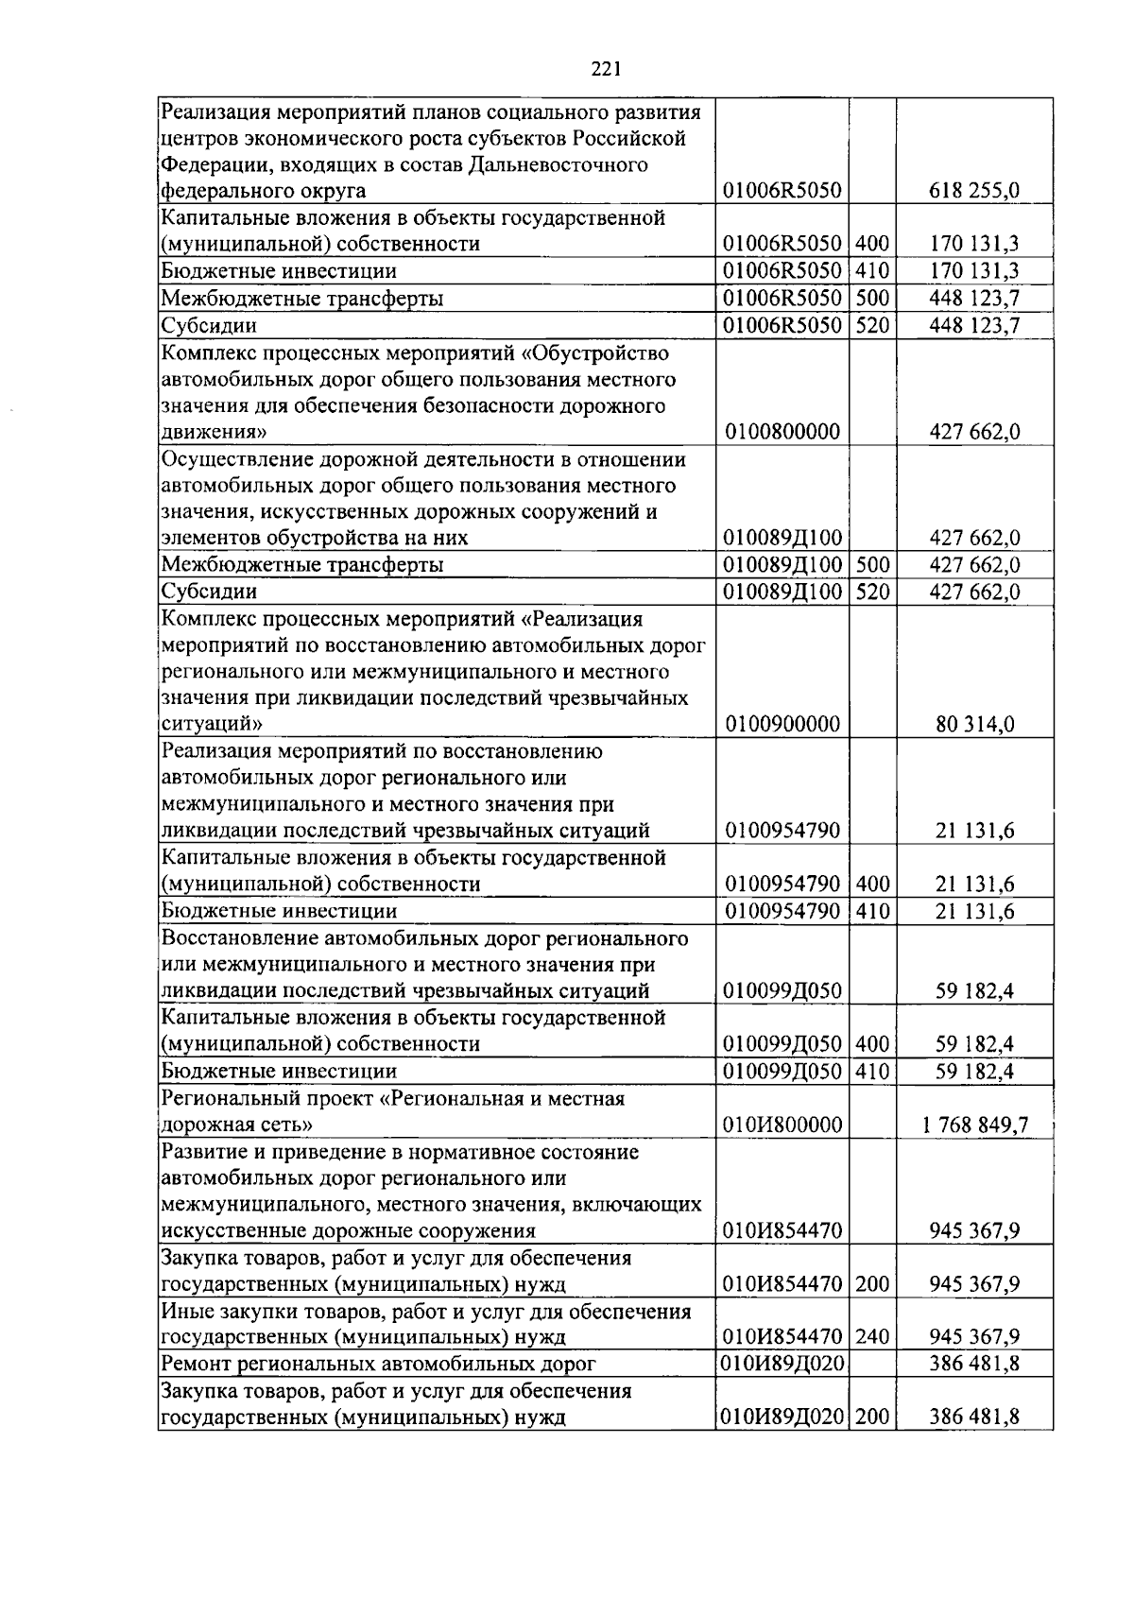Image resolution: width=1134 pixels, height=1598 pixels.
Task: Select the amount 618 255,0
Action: coord(974,191)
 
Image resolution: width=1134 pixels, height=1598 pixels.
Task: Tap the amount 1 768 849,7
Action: coord(974,1125)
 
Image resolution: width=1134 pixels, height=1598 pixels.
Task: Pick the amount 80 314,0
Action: coord(974,725)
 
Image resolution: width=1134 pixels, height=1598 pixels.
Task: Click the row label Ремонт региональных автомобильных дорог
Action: coord(379,1364)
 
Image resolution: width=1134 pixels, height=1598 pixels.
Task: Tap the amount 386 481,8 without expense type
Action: coord(974,1364)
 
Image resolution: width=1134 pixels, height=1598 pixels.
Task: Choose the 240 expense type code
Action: coord(873,1337)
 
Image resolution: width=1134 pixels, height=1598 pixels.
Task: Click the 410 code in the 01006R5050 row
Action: coord(873,271)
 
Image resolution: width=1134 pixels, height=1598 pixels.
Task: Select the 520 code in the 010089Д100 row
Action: coord(873,593)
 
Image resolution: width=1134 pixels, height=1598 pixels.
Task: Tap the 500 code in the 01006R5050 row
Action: coord(873,299)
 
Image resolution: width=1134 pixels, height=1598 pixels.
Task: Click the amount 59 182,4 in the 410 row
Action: coord(974,1072)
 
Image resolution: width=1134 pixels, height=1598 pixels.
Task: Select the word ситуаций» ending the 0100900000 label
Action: coord(211,725)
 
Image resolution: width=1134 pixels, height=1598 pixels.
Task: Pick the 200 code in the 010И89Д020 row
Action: coord(873,1418)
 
